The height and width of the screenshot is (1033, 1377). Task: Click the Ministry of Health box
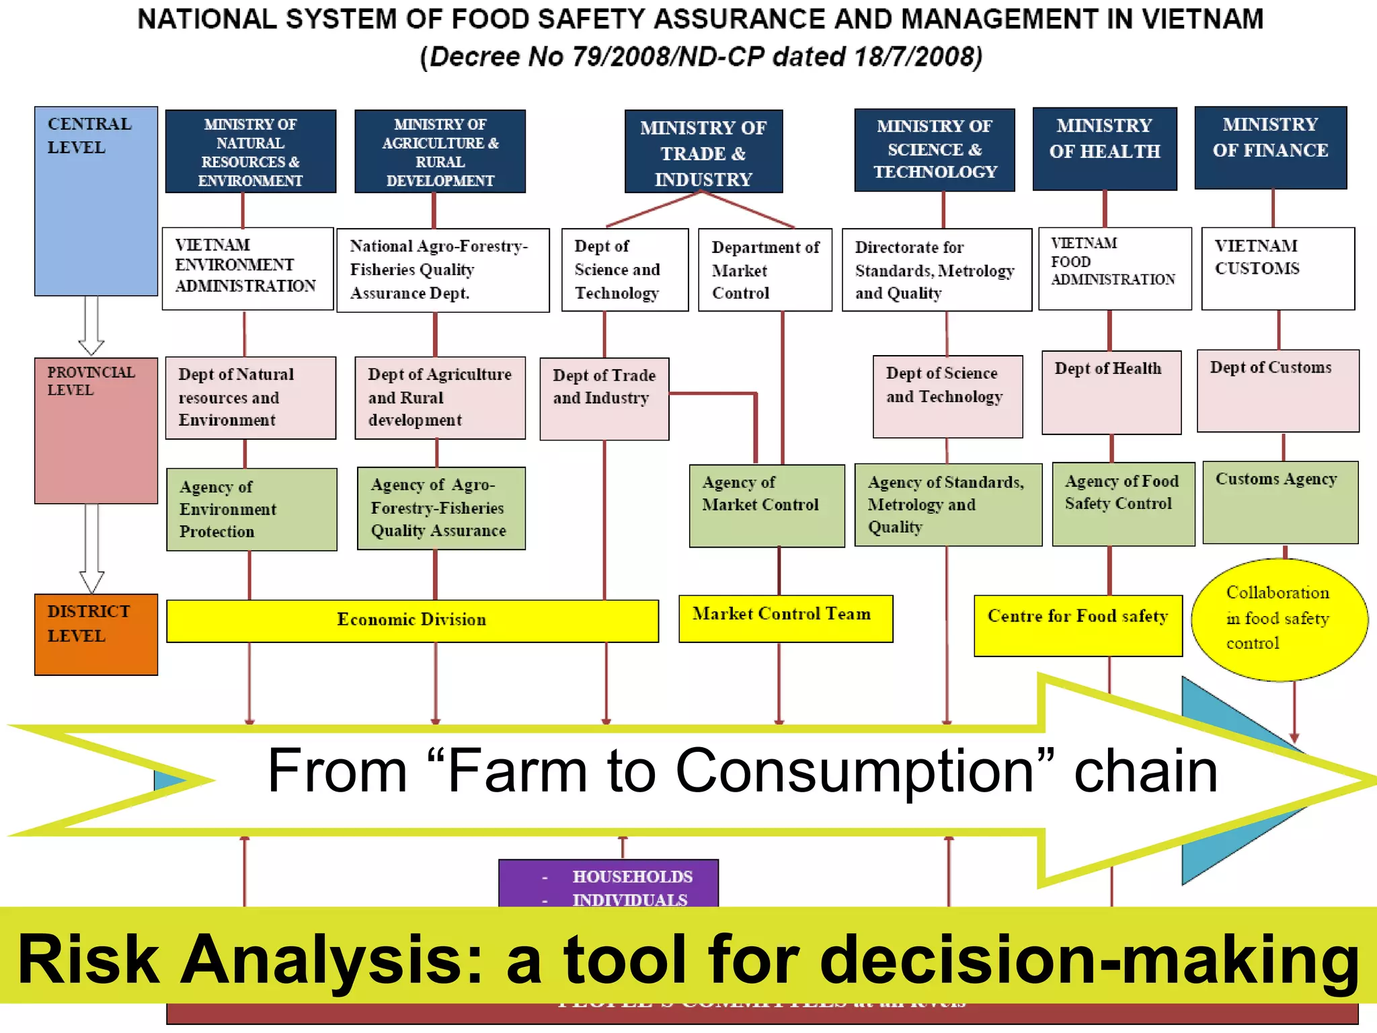click(1105, 149)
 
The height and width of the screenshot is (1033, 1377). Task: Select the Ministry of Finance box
click(1270, 147)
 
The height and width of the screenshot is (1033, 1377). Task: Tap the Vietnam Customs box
click(1277, 268)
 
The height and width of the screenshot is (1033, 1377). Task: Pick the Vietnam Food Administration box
click(1114, 268)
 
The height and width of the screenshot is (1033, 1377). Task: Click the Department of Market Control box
click(764, 270)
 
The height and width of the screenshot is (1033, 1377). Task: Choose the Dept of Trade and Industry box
click(604, 399)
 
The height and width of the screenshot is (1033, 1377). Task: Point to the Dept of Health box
click(1111, 392)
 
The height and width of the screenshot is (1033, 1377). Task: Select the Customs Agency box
click(1280, 502)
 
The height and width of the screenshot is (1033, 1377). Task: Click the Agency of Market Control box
click(766, 506)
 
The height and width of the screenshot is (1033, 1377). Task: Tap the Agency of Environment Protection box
click(251, 509)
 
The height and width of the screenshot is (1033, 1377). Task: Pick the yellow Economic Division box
click(412, 620)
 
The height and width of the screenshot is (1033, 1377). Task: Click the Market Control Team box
click(785, 618)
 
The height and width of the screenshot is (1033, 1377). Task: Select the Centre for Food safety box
click(1077, 625)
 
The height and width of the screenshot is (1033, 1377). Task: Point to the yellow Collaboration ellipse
click(1279, 619)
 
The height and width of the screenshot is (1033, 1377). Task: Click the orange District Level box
click(96, 634)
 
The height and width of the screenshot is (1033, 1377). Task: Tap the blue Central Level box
click(96, 201)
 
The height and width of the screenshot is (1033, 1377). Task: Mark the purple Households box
click(608, 882)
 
